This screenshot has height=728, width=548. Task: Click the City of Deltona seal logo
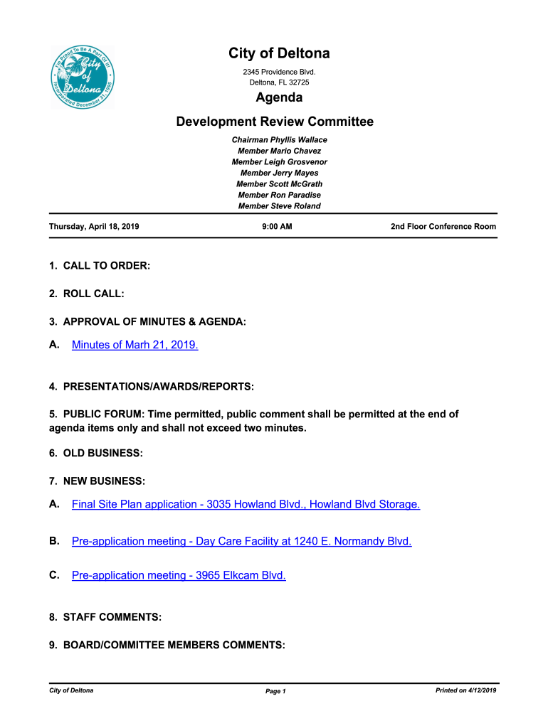(x=83, y=78)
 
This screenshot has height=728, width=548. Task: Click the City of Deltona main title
(x=279, y=54)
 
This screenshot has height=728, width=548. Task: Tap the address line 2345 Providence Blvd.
(x=279, y=72)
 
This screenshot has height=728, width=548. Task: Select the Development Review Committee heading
(x=275, y=122)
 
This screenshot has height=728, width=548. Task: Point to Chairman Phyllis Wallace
(x=279, y=140)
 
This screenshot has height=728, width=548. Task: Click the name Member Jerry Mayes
(x=279, y=173)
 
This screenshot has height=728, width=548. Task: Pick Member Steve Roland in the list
(x=279, y=206)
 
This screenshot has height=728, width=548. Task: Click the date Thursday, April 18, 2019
(x=94, y=227)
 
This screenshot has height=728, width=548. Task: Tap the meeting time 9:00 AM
(x=278, y=227)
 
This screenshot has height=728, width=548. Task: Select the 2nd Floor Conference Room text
(x=443, y=227)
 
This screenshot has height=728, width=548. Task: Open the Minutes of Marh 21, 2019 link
(x=135, y=345)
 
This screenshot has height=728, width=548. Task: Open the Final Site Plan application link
(x=246, y=504)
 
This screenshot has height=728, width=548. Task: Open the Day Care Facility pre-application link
(x=241, y=541)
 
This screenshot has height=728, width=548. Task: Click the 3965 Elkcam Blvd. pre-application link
(x=179, y=575)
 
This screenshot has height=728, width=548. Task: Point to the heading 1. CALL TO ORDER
(x=100, y=266)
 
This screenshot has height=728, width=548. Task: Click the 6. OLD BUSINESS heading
(x=96, y=453)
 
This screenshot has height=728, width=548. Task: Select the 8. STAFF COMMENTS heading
(x=105, y=617)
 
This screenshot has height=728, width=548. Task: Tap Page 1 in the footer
(x=275, y=691)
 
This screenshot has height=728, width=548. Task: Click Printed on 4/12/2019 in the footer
(x=465, y=690)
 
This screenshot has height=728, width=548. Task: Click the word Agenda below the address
(x=279, y=97)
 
